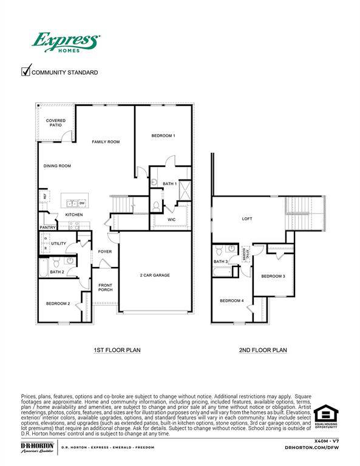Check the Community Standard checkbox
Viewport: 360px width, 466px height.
pos(26,72)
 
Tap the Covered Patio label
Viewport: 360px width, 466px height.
pos(56,123)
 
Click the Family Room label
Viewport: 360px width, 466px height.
pos(106,142)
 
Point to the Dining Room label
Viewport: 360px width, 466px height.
pos(57,166)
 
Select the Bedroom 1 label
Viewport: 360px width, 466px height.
pos(163,136)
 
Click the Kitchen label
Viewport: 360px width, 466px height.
pos(74,215)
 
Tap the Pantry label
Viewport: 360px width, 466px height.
pos(48,228)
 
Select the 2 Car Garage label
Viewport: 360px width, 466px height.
pos(155,275)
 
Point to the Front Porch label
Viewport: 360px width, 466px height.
pos(106,288)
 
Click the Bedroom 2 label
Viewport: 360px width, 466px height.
pos(58,303)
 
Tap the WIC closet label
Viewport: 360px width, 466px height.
pos(172,220)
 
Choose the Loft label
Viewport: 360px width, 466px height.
pos(247,219)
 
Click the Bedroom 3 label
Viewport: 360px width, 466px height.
pos(273,277)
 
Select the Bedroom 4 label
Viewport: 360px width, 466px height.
pos(231,301)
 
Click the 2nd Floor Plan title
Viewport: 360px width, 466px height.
pos(263,350)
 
